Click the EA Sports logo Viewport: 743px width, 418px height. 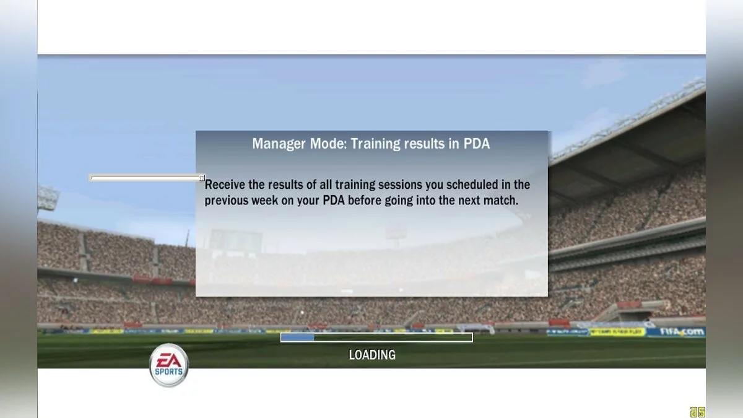[169, 365]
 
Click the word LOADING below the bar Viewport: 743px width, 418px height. [371, 355]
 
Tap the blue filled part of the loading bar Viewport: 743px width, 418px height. [298, 337]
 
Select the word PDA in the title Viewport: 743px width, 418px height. [476, 144]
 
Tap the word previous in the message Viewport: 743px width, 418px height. [227, 201]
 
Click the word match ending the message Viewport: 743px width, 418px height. [502, 201]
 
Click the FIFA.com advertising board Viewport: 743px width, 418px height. [682, 332]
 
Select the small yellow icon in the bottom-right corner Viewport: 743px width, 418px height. [697, 412]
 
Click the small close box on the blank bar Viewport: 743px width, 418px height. [202, 178]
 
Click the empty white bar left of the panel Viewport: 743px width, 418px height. [145, 178]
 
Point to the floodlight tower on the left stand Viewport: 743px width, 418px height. [48, 199]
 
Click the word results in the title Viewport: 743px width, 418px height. [425, 144]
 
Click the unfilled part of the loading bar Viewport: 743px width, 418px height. [393, 337]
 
